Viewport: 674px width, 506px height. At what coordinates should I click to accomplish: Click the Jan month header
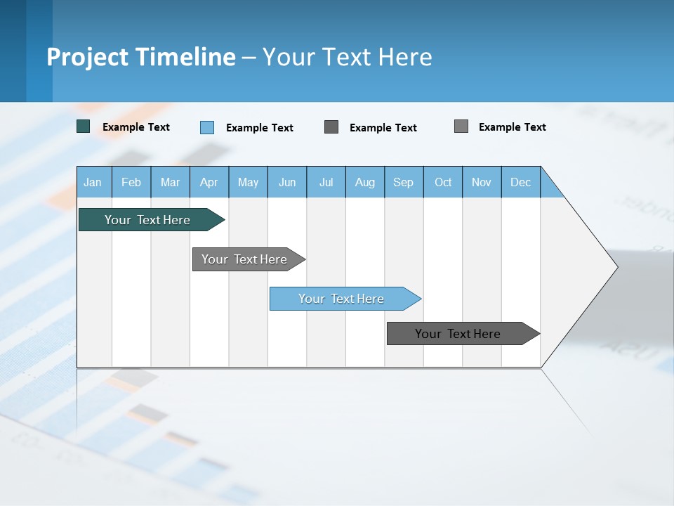pos(93,182)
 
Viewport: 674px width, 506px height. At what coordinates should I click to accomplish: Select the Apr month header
pos(209,182)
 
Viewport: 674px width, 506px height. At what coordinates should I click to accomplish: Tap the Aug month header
pos(365,182)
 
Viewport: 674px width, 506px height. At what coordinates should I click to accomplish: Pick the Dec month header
pos(521,182)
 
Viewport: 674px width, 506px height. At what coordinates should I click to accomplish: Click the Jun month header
pos(287,182)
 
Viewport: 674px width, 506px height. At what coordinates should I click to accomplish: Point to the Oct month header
pos(443,182)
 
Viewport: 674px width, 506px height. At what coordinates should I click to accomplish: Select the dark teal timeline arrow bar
pos(148,220)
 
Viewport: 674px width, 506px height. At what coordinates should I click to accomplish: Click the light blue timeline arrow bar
pos(342,299)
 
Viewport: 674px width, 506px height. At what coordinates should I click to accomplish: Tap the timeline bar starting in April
pos(245,259)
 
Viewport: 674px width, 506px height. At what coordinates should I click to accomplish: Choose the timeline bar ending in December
pos(458,334)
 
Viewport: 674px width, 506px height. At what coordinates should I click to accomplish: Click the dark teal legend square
pos(84,126)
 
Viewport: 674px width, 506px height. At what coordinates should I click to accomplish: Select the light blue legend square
pos(207,127)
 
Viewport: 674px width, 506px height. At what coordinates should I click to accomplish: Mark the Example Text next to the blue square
pos(260,128)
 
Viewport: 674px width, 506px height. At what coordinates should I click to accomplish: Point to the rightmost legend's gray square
pos(461,126)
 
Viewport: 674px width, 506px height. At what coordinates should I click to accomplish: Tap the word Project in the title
pos(88,57)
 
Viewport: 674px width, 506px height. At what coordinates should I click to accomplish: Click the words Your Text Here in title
pos(348,57)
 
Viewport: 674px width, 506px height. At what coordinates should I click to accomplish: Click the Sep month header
pos(404,182)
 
